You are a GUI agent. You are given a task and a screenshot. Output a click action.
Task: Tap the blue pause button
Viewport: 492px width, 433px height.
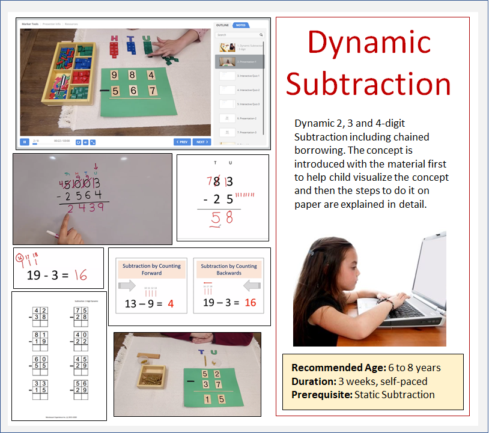25,142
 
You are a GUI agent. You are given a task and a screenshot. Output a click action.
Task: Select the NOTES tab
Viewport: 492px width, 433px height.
240,26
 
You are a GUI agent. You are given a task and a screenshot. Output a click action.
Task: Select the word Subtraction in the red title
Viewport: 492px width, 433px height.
368,83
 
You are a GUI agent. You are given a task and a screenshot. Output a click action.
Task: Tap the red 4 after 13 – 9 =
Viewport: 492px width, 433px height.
170,304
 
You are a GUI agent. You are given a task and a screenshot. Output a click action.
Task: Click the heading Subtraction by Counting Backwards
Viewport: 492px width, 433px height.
228,269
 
